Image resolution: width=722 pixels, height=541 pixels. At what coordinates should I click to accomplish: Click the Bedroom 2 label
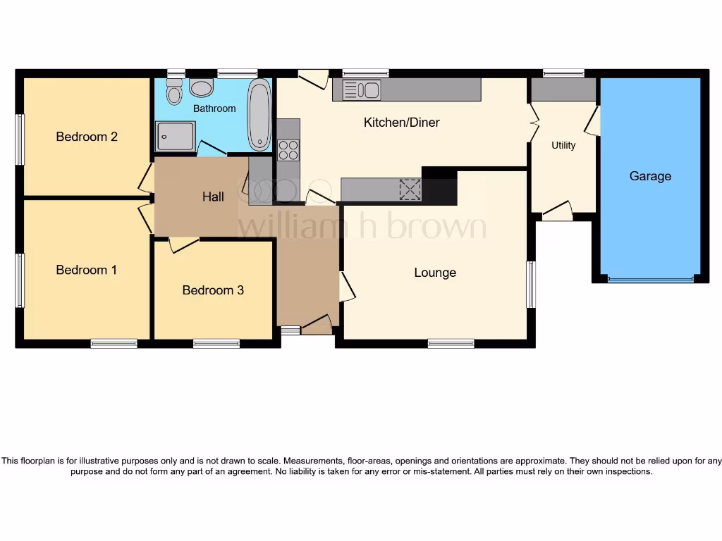click(x=87, y=137)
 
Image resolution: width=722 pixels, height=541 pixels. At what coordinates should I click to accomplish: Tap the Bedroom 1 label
click(x=87, y=270)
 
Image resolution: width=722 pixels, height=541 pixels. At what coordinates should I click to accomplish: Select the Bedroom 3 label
click(x=213, y=290)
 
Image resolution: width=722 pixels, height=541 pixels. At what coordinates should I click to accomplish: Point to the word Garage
click(x=650, y=176)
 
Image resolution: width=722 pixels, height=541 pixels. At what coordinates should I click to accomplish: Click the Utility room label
click(x=563, y=145)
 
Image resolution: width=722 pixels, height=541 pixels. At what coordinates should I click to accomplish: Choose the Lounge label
click(x=435, y=273)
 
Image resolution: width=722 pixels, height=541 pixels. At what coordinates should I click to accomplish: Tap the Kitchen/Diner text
click(x=401, y=123)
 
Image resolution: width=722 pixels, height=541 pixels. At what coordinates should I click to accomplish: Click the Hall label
click(x=213, y=197)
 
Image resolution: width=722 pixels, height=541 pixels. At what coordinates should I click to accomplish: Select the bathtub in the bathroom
click(x=259, y=117)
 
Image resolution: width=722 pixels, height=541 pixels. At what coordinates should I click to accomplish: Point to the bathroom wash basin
click(x=202, y=88)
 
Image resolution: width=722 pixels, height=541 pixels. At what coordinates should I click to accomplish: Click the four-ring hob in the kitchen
click(x=288, y=151)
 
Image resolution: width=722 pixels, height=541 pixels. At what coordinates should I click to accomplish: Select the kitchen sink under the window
click(x=361, y=90)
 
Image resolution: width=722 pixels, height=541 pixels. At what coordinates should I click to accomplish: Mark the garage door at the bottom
click(x=650, y=280)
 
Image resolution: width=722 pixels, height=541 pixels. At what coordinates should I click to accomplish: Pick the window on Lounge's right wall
click(x=531, y=284)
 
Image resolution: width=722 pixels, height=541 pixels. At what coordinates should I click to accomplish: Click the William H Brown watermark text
click(x=362, y=227)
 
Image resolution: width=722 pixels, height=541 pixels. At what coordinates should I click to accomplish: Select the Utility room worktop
click(x=563, y=90)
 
